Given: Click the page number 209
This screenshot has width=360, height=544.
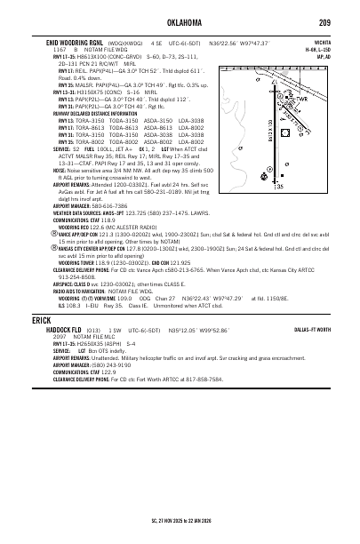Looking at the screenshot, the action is [325, 21].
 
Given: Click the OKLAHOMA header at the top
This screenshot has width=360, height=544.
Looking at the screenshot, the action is [181, 21].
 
